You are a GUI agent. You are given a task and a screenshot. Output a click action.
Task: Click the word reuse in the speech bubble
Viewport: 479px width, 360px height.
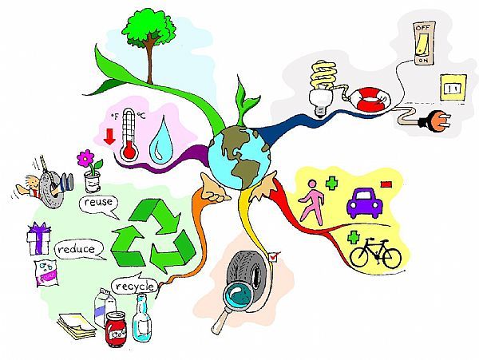click(98, 204)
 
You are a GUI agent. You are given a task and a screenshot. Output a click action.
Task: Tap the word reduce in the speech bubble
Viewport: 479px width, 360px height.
click(80, 250)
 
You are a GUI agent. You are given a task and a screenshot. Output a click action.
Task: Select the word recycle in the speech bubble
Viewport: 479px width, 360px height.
click(133, 286)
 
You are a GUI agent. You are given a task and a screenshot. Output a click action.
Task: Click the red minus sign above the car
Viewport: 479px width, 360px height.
click(386, 184)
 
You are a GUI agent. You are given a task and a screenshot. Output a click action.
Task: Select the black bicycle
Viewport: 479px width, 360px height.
click(376, 254)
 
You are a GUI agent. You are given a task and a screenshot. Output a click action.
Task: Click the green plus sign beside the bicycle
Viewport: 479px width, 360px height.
click(352, 237)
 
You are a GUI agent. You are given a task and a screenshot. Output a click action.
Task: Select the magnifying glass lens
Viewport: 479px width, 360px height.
click(239, 294)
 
